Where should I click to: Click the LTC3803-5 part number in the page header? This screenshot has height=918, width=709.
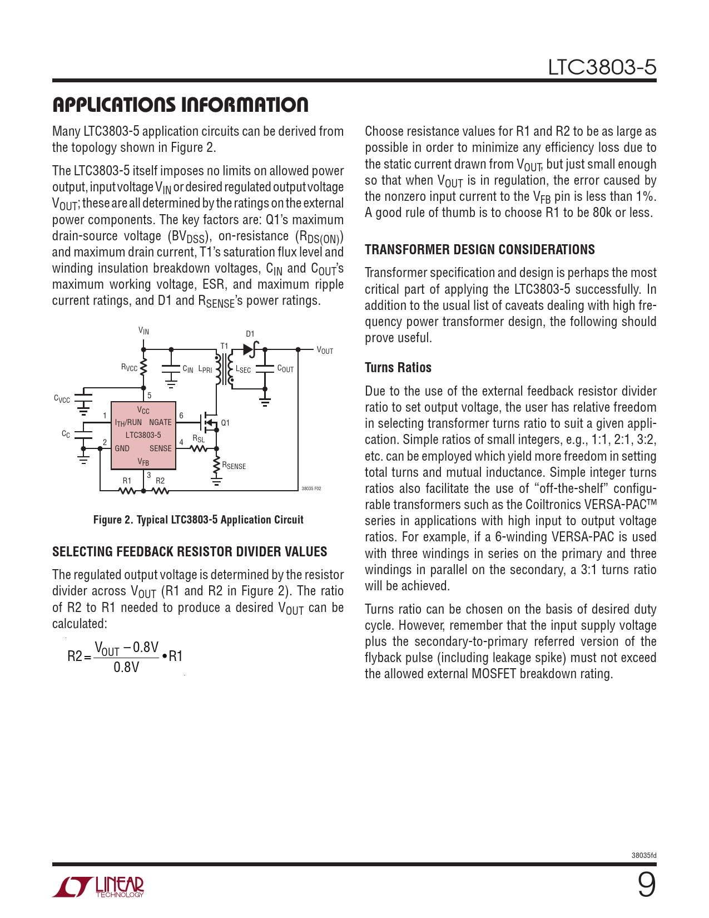(602, 67)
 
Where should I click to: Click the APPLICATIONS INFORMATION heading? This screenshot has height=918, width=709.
(180, 105)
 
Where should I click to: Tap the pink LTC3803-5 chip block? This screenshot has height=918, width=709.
(143, 435)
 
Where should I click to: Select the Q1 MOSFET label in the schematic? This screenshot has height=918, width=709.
(225, 423)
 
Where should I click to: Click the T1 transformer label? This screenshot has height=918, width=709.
(224, 346)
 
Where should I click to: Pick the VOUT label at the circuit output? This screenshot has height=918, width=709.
(325, 351)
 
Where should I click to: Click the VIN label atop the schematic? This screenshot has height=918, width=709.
(143, 331)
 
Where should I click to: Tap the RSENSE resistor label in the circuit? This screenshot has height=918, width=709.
(234, 466)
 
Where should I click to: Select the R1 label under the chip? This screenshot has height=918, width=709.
(127, 481)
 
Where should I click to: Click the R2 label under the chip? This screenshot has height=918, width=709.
(160, 481)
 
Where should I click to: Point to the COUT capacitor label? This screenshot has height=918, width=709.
(285, 369)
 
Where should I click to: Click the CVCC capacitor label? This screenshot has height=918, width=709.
(62, 399)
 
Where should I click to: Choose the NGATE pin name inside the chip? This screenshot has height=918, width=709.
(160, 422)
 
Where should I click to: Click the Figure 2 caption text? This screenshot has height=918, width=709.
(198, 520)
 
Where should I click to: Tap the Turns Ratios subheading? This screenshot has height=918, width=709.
(398, 368)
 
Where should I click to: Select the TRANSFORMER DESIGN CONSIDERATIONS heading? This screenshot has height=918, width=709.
(479, 250)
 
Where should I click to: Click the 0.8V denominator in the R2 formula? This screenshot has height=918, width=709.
(126, 667)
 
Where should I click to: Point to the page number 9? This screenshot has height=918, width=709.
(646, 884)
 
